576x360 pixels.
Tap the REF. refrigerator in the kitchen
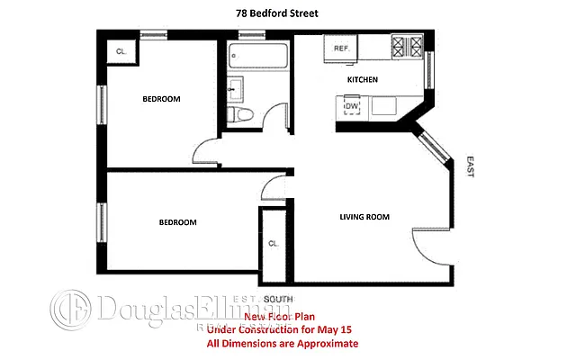342,49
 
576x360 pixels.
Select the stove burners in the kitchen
407,47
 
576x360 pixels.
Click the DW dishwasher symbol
352,107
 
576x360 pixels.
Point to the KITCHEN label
362,80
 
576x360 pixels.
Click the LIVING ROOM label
364,217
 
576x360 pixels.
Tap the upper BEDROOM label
161,98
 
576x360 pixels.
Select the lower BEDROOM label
177,222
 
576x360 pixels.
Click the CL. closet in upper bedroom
121,52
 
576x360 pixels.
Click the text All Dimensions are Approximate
282,344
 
